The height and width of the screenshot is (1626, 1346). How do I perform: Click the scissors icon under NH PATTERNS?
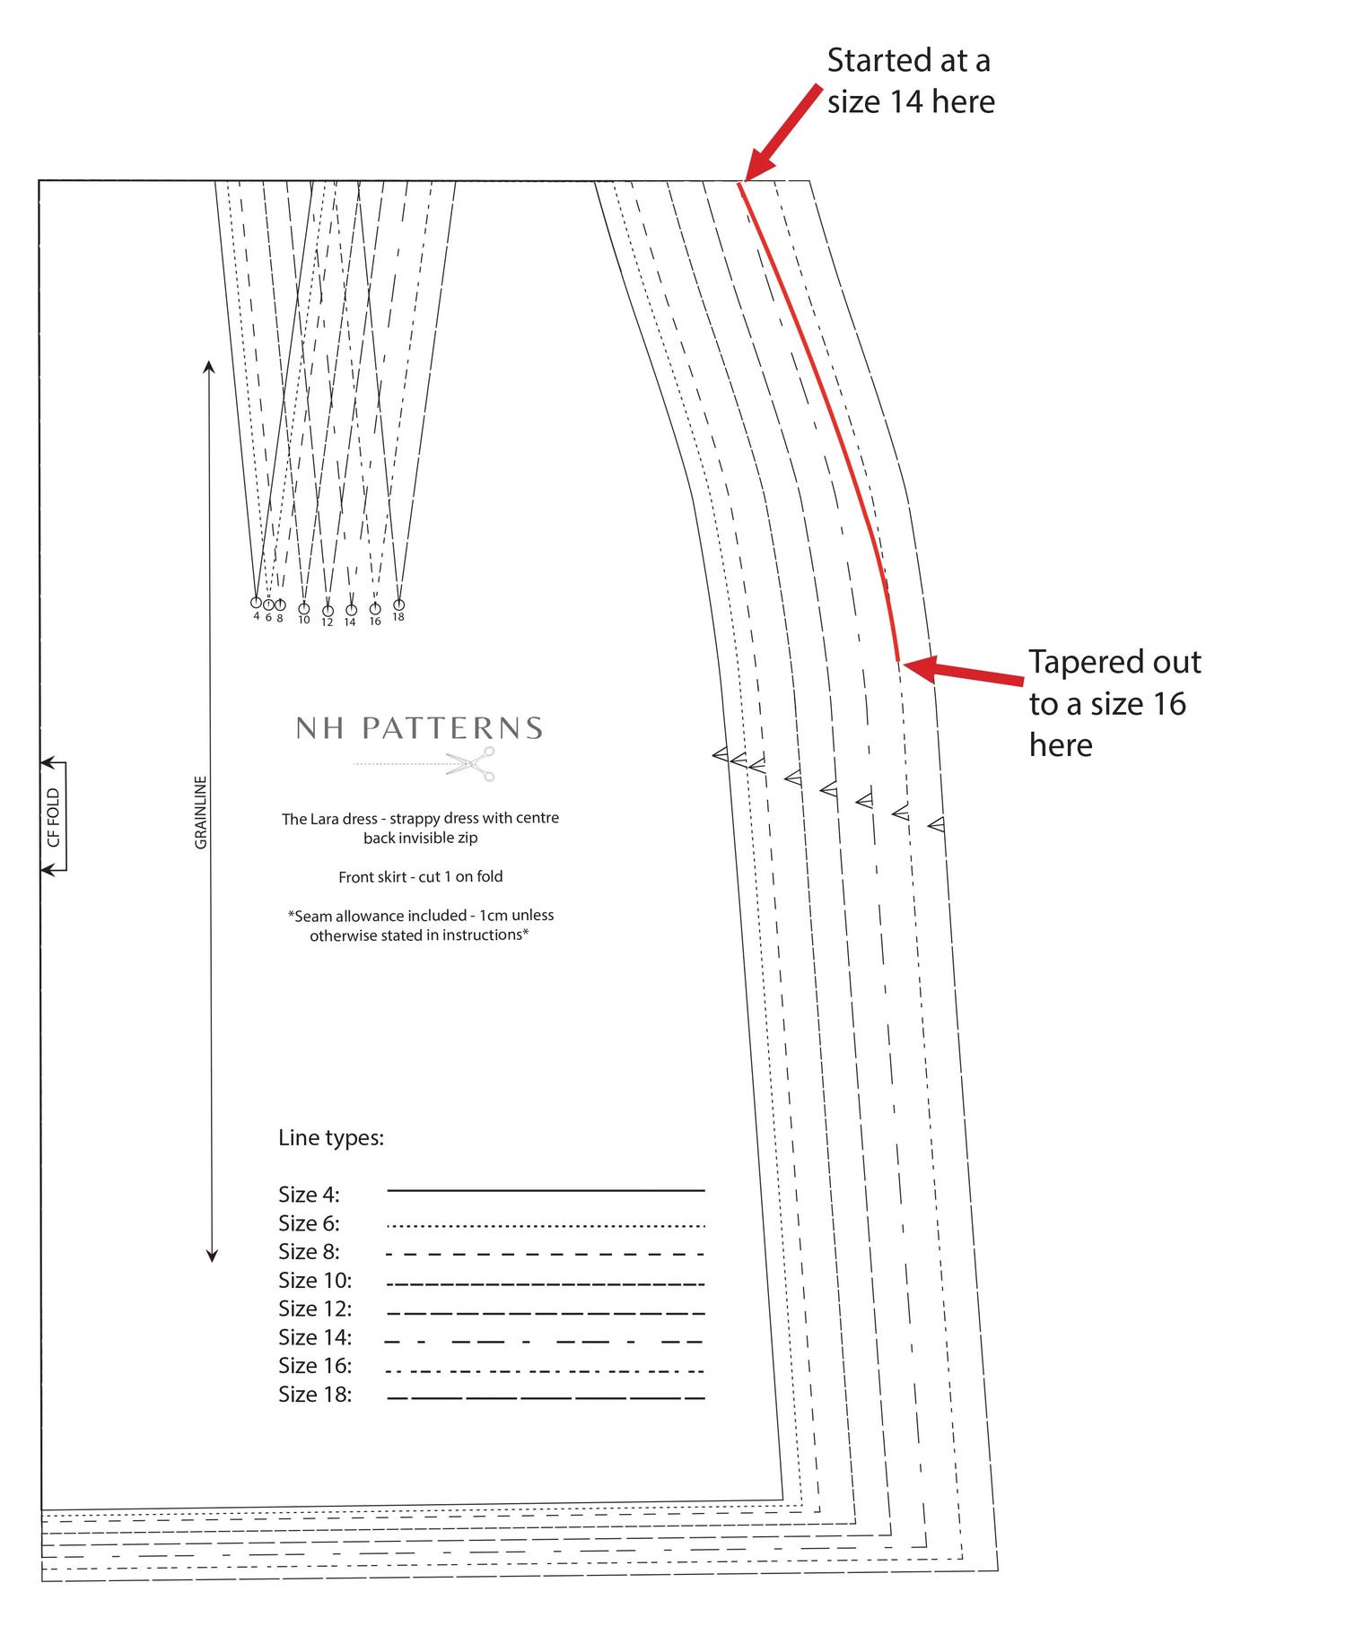(x=471, y=764)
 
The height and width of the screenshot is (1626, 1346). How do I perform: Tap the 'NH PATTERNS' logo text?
(x=419, y=727)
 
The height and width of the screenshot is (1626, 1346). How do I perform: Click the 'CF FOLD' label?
(x=54, y=817)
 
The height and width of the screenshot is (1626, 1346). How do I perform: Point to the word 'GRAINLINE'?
(x=201, y=813)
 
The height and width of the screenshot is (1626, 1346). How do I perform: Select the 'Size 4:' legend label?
(x=309, y=1195)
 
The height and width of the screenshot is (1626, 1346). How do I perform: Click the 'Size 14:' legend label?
(x=315, y=1337)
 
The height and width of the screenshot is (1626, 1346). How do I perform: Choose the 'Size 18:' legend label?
(x=315, y=1395)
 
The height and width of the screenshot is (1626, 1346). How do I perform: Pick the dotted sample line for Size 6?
(x=546, y=1225)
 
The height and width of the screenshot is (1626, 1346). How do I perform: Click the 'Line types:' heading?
(x=331, y=1138)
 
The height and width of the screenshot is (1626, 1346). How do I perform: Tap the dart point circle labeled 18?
(x=399, y=604)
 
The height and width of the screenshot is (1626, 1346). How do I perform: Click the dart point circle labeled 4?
(x=256, y=603)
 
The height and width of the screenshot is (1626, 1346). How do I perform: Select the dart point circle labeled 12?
(x=328, y=611)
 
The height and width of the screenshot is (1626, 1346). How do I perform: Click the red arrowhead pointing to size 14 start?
(x=759, y=164)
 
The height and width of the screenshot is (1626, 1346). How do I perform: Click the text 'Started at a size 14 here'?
(x=911, y=81)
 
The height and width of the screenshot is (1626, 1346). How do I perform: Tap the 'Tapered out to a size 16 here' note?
(x=1114, y=703)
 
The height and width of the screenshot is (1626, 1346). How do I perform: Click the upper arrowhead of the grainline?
(x=209, y=367)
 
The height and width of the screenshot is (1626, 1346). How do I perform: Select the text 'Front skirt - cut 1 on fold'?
(x=421, y=877)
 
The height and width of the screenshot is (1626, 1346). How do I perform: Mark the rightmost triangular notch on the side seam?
(x=937, y=824)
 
